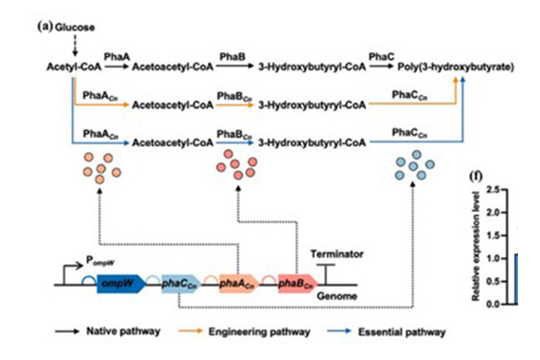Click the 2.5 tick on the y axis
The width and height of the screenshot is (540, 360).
click(500, 190)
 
